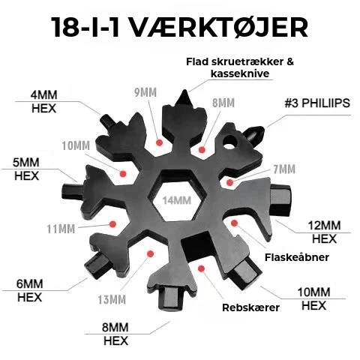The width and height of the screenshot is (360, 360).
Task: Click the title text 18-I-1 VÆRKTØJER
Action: pos(180,28)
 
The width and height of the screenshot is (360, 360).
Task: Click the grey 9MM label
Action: pos(145,93)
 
